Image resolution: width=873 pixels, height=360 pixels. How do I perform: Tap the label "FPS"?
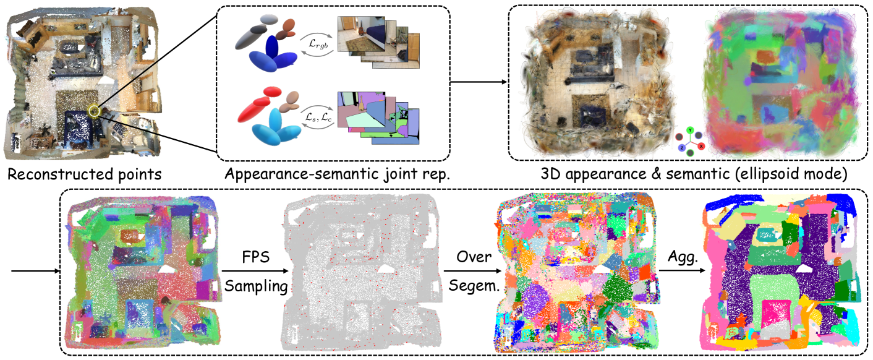(255, 255)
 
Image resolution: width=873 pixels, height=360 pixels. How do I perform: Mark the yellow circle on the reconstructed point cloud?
(94, 111)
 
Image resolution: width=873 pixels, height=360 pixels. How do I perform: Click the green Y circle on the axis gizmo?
(689, 131)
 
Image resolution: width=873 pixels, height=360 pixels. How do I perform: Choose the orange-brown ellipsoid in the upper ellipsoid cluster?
(288, 27)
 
